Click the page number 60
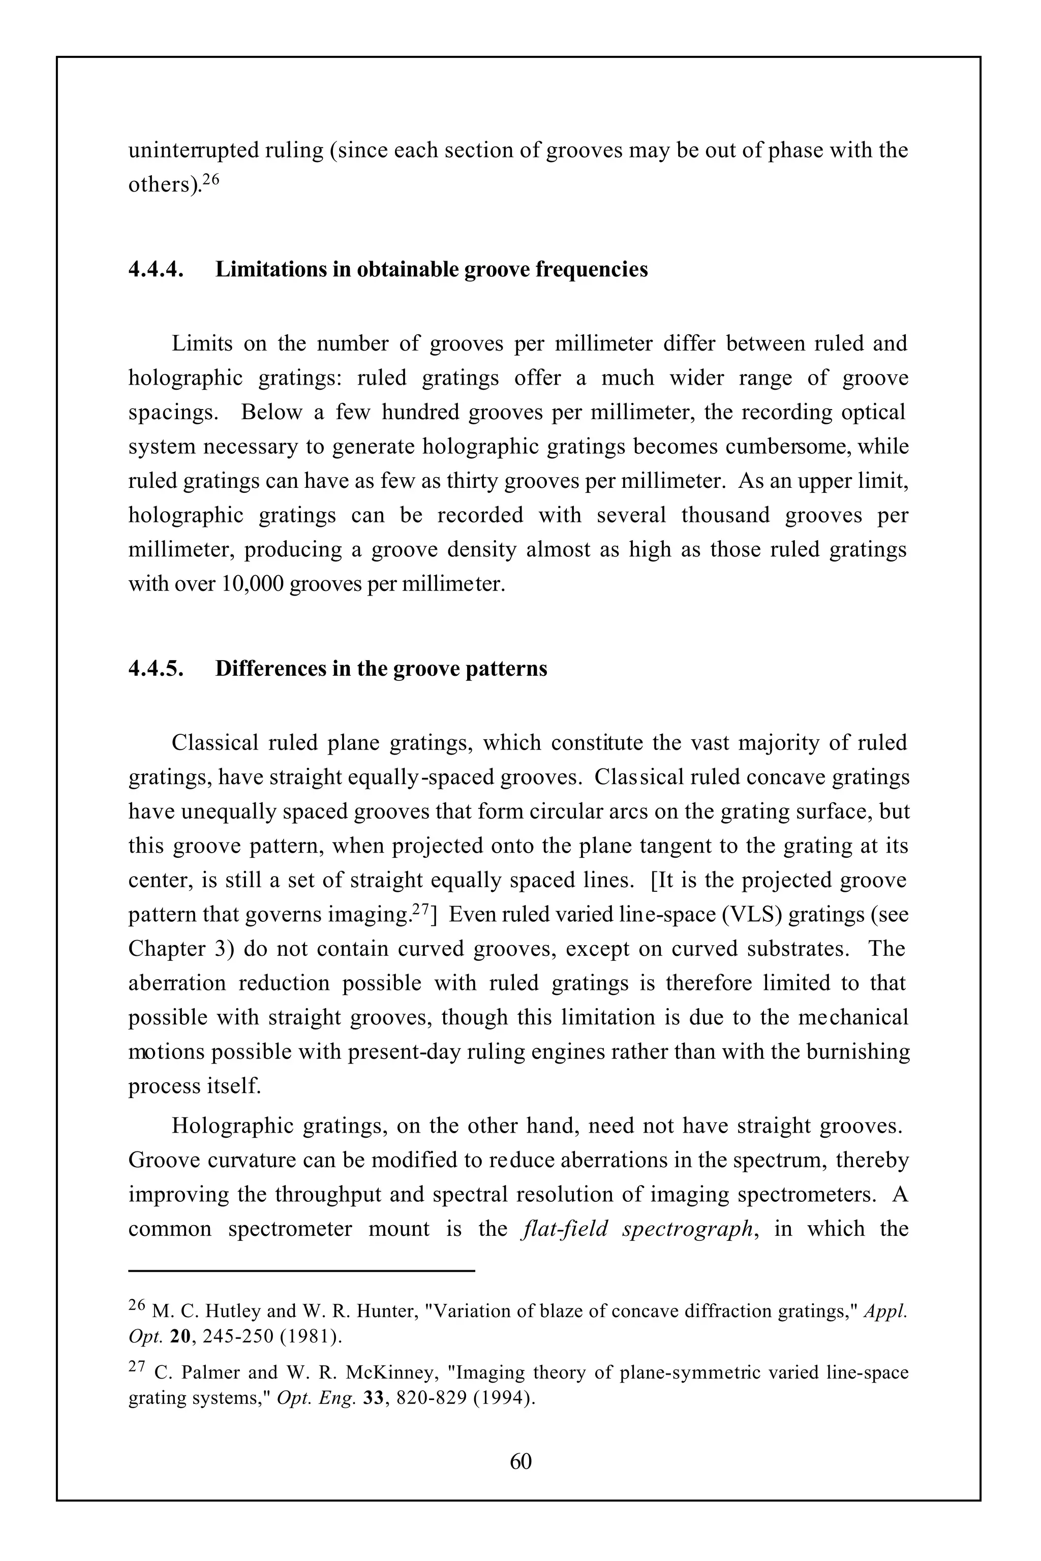[x=520, y=1461]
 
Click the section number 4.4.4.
[x=156, y=269]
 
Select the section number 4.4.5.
[x=156, y=668]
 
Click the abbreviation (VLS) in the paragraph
[x=755, y=915]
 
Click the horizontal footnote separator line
[x=301, y=1270]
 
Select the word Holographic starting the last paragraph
[x=232, y=1126]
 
